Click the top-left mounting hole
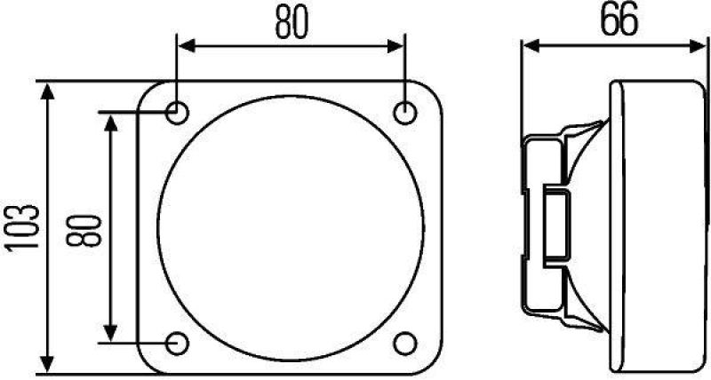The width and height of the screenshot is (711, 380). pos(178,114)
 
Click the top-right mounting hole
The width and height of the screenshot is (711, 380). pos(405,114)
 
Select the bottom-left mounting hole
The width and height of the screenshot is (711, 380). pos(178,342)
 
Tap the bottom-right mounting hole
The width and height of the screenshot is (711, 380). pos(405,342)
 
